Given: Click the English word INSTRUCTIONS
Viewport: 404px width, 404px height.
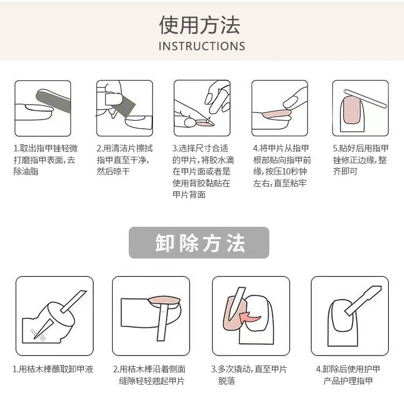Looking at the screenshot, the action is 202,46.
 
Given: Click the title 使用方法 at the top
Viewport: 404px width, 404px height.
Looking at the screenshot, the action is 200,25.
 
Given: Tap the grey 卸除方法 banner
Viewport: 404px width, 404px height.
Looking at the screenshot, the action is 199,242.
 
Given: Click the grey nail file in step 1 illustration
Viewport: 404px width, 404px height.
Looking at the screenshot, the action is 53,101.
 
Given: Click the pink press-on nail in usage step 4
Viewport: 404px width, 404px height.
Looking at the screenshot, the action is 276,113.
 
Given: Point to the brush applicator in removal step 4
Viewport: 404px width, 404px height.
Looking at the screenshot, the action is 363,301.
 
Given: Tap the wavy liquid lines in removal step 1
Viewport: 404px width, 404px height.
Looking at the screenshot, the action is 38,335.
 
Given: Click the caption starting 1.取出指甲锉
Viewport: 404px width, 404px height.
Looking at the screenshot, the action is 46,160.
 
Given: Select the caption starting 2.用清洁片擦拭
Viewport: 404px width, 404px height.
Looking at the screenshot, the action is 125,160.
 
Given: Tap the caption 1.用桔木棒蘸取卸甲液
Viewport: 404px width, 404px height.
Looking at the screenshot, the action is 53,369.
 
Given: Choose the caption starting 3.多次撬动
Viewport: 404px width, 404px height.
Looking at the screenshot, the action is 249,375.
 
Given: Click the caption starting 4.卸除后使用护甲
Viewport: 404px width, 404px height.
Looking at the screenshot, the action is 348,375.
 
